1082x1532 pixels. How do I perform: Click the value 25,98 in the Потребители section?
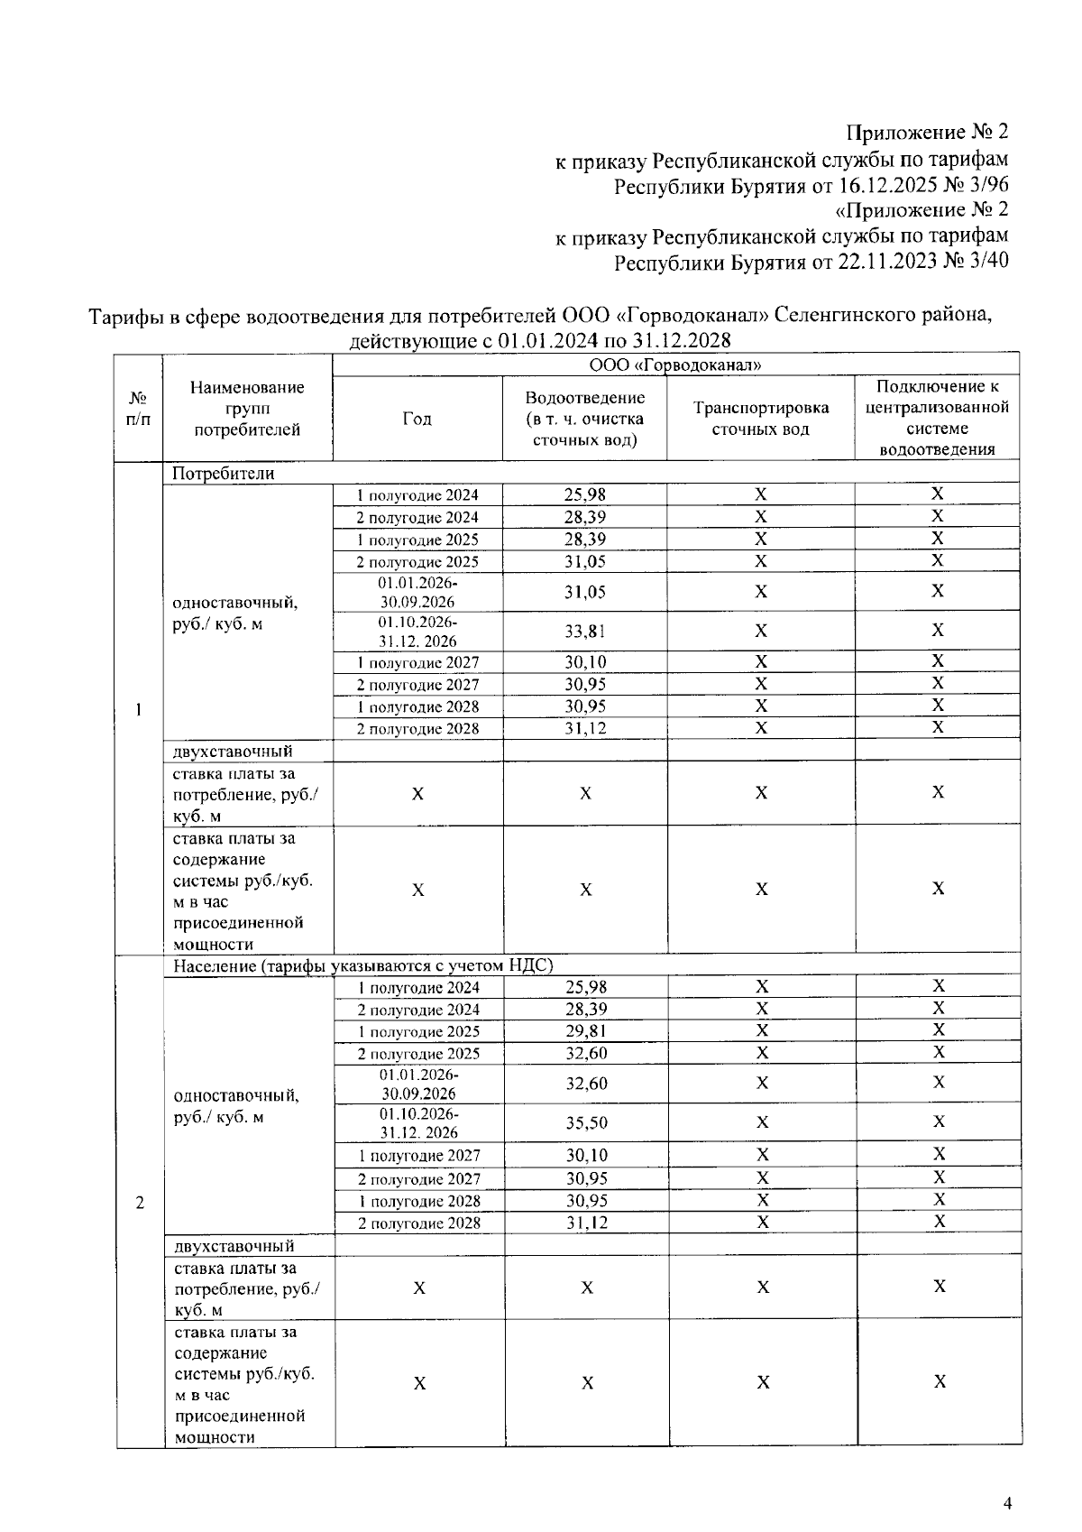[x=585, y=494]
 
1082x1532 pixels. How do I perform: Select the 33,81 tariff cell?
[x=585, y=632]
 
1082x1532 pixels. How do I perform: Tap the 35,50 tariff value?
[x=586, y=1123]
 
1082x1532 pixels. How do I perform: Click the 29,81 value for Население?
[x=586, y=1031]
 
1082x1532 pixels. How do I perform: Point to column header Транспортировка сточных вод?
[x=760, y=419]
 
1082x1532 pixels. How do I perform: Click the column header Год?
[x=417, y=419]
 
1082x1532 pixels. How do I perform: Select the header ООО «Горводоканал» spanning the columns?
[x=675, y=365]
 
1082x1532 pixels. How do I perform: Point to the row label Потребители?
[x=223, y=474]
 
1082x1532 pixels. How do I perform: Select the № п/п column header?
[x=137, y=409]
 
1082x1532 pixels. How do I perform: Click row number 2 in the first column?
[x=139, y=1203]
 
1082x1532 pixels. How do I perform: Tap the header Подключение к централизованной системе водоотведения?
[x=937, y=418]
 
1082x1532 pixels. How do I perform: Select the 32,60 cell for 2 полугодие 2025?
[x=586, y=1054]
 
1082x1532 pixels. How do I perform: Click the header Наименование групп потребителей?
[x=247, y=409]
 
